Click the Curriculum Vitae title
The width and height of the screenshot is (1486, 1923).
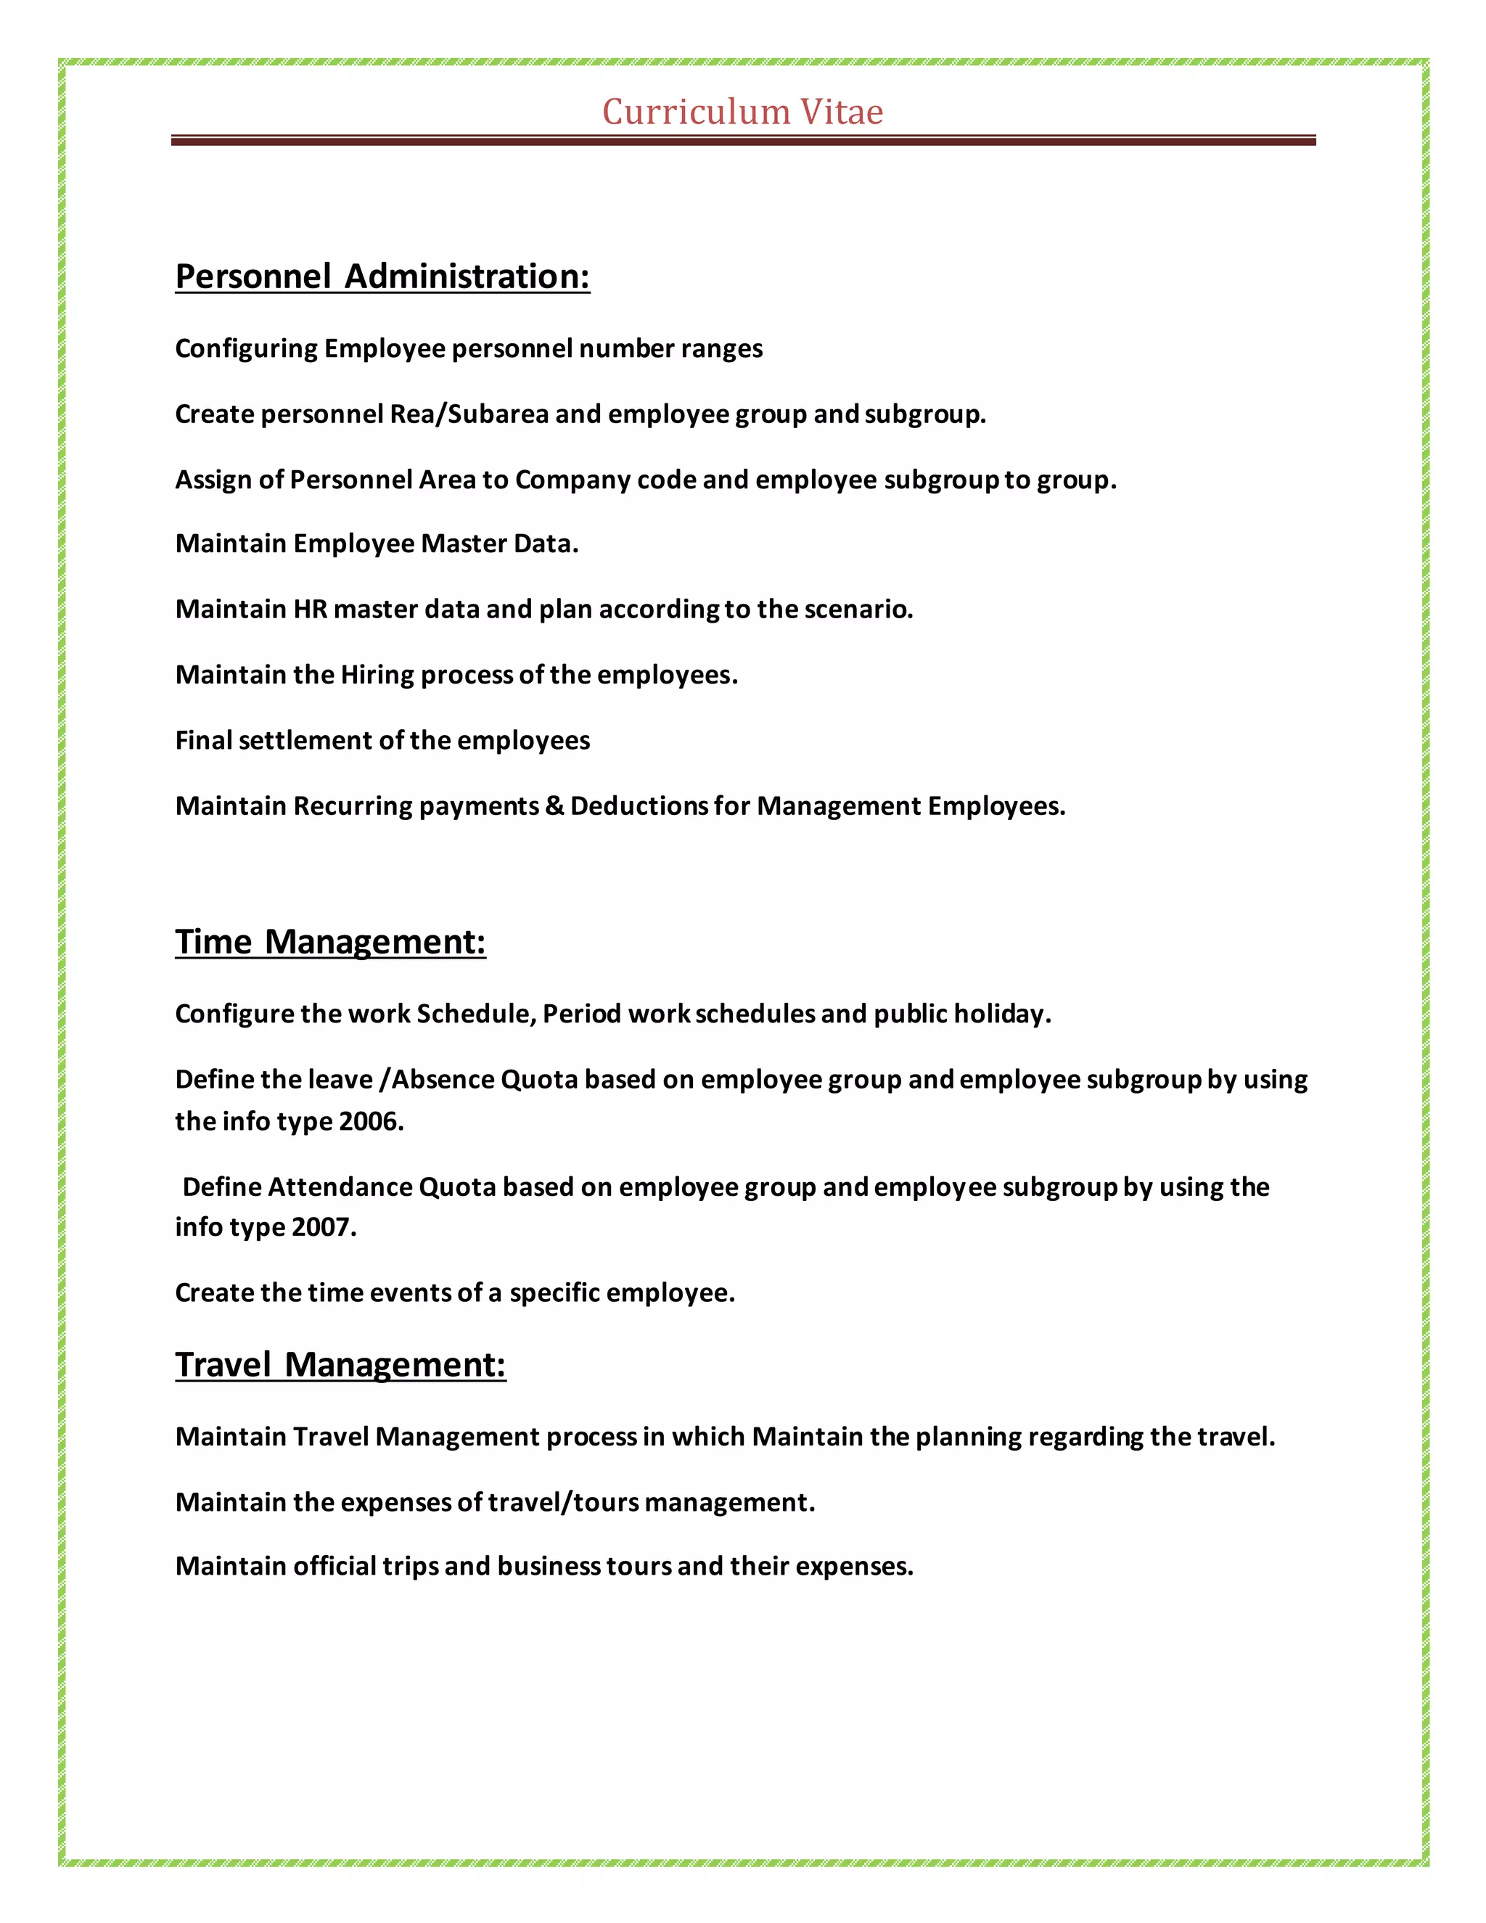tap(742, 112)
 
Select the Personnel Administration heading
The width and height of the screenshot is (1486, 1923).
tap(382, 276)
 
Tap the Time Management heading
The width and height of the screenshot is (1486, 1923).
tap(330, 942)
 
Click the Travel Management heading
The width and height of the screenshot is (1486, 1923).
tap(341, 1365)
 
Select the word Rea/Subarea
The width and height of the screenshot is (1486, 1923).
tap(469, 414)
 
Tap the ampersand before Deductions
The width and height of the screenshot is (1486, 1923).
tap(554, 806)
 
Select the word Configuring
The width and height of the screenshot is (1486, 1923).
tap(247, 348)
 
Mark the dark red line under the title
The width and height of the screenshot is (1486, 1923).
tap(742, 140)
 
